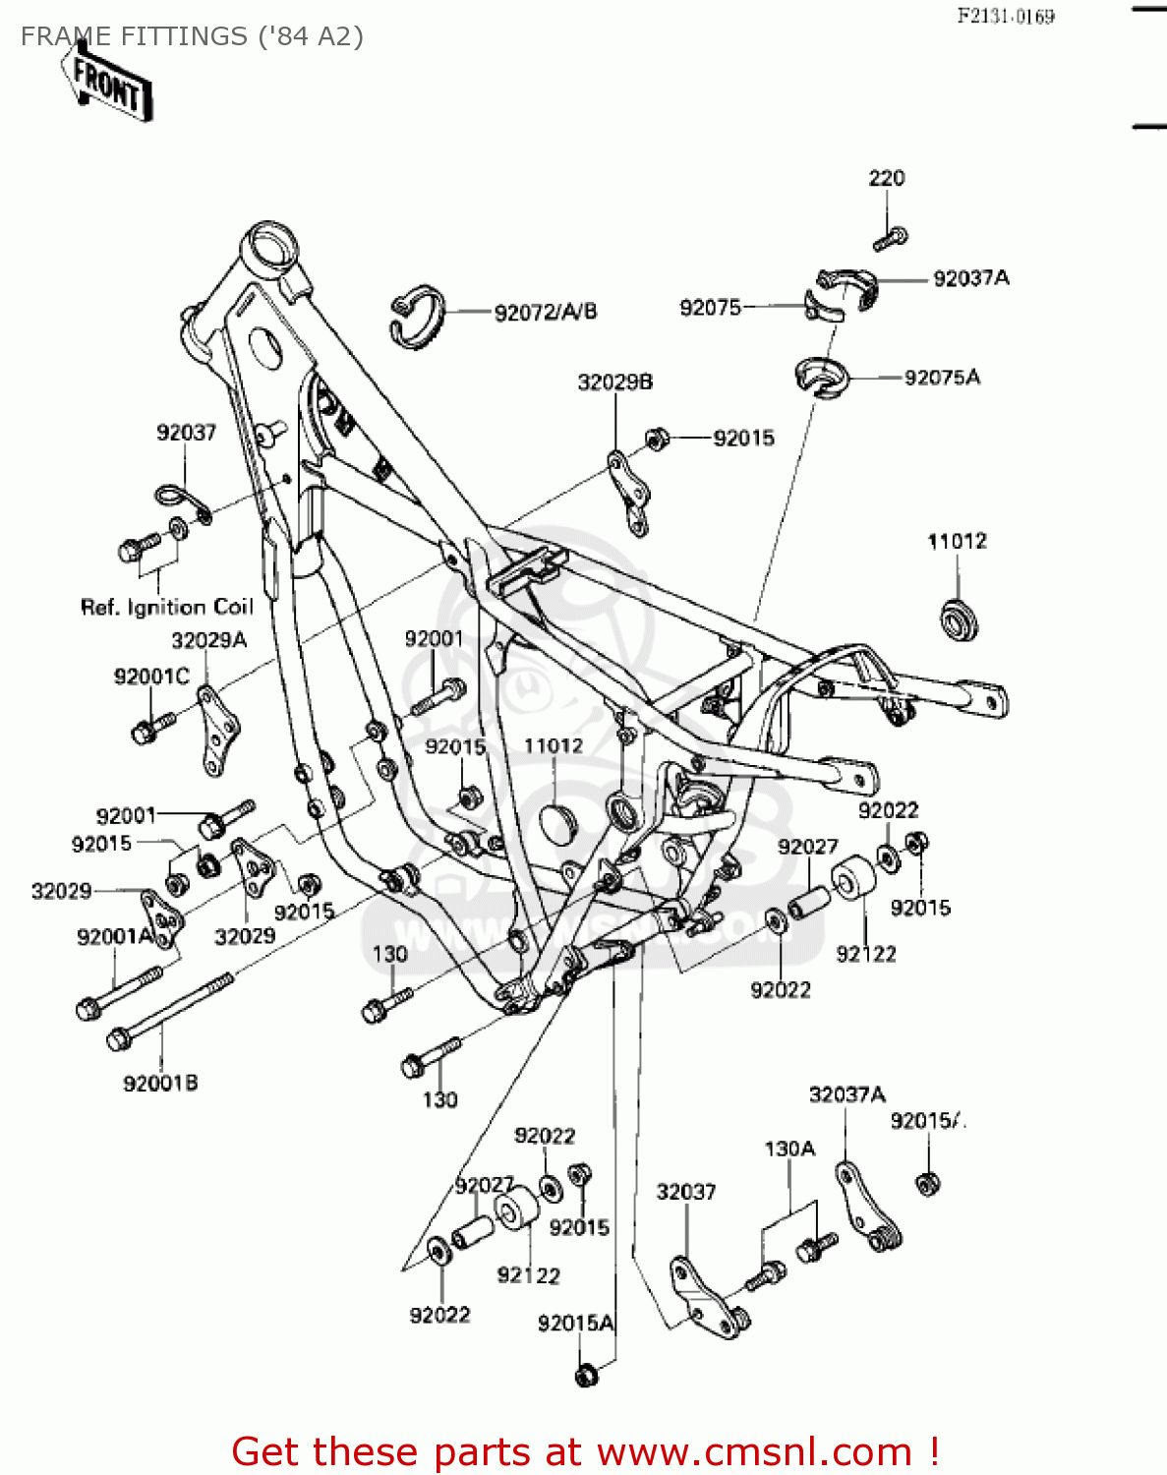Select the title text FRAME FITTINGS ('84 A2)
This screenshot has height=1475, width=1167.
tap(192, 36)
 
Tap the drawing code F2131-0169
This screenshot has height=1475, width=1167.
tap(1006, 16)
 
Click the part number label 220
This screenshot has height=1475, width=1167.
tap(886, 178)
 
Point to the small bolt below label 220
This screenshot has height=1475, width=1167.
tap(891, 238)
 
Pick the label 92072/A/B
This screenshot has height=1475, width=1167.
tap(545, 313)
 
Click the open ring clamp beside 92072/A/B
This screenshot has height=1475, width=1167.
tap(417, 316)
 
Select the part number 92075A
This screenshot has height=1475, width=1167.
tap(942, 378)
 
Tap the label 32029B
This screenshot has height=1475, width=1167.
tap(614, 382)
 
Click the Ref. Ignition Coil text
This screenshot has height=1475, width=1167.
tap(166, 607)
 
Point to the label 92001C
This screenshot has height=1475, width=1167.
tap(151, 677)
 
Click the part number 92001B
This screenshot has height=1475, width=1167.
tap(160, 1083)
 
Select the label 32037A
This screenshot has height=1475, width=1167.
tap(846, 1094)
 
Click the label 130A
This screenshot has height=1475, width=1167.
tap(789, 1149)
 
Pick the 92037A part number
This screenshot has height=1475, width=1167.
tap(970, 278)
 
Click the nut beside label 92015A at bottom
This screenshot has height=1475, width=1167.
tap(586, 1375)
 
